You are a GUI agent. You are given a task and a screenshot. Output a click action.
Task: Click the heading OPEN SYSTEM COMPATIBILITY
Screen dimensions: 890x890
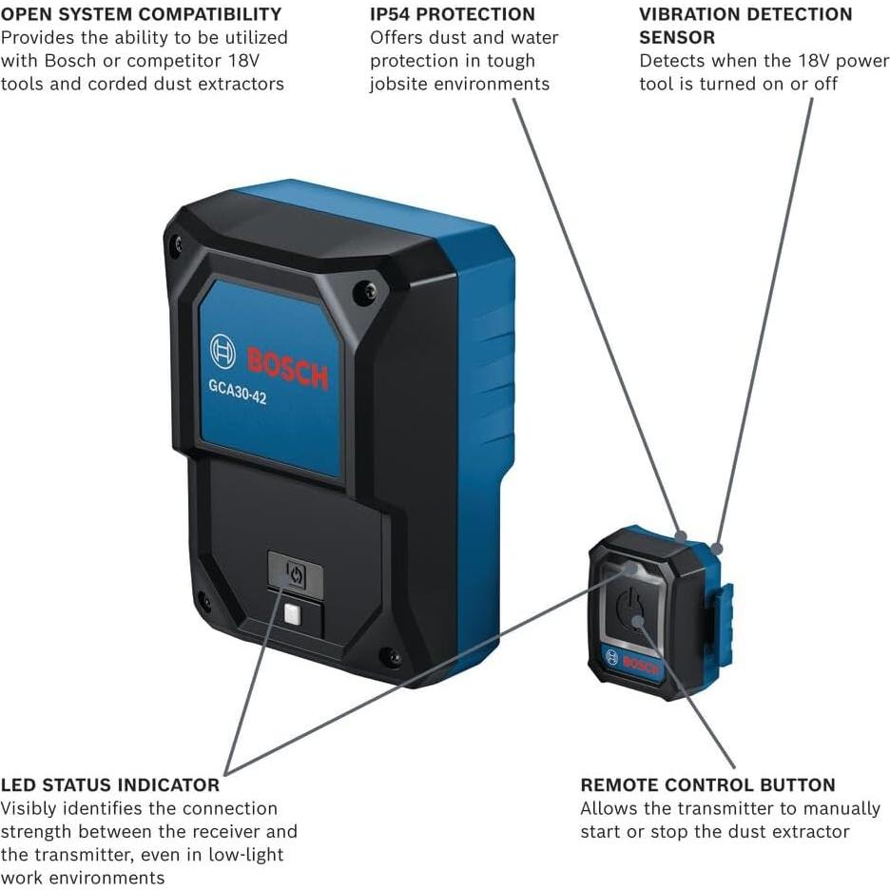[x=141, y=14]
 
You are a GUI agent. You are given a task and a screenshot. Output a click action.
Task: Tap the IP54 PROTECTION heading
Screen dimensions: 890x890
[x=453, y=14]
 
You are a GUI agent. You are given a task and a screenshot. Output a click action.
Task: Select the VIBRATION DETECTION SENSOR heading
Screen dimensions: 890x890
[x=745, y=26]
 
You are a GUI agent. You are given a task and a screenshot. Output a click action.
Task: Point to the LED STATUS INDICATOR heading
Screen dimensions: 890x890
[x=110, y=785]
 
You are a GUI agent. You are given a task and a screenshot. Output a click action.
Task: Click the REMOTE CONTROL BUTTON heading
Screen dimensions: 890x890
[x=708, y=785]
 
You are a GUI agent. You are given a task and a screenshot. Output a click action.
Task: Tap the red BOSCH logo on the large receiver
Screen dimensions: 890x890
[x=287, y=368]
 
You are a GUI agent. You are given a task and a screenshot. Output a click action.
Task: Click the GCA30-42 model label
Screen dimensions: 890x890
[x=238, y=392]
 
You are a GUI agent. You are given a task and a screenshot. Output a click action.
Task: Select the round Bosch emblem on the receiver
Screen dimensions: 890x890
[x=222, y=351]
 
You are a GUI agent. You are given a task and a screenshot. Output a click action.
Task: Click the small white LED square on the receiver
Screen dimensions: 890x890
[x=292, y=614]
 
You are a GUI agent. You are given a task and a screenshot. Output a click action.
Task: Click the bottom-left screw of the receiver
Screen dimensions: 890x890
[x=203, y=601]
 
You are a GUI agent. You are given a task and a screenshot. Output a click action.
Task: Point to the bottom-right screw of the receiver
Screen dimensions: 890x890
[x=390, y=656]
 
